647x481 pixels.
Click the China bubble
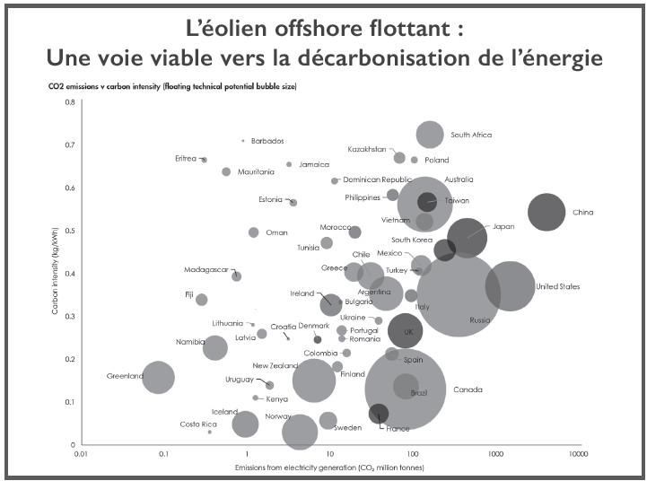546,213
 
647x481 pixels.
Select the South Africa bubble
431,135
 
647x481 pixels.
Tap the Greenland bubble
158,377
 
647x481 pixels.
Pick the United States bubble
510,286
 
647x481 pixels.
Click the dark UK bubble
406,330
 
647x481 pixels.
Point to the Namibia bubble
215,346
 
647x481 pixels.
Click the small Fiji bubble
202,300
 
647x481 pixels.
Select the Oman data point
253,232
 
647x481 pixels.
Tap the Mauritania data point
226,171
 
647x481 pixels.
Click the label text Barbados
267,141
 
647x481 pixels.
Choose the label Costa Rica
198,424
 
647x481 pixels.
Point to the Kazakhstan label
367,149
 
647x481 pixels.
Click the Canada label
468,389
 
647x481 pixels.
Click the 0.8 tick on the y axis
70,102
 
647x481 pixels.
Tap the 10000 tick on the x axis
577,455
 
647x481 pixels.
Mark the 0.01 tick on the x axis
82,455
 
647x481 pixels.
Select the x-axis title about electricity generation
329,468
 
